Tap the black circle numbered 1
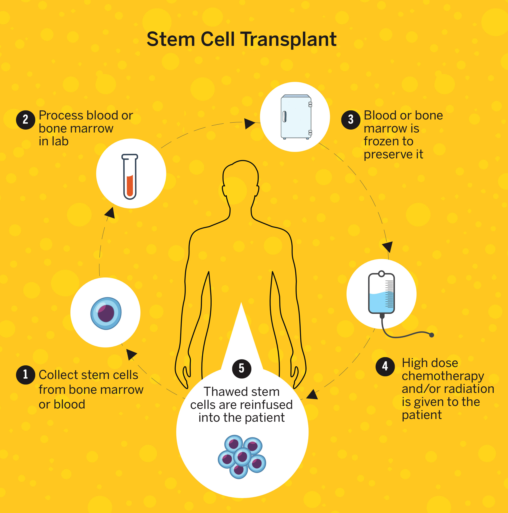coord(25,375)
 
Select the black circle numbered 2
coord(25,120)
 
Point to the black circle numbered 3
coord(351,120)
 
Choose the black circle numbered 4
coord(385,366)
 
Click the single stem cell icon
coord(106,313)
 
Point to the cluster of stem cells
coord(242,457)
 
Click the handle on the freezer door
coord(284,116)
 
